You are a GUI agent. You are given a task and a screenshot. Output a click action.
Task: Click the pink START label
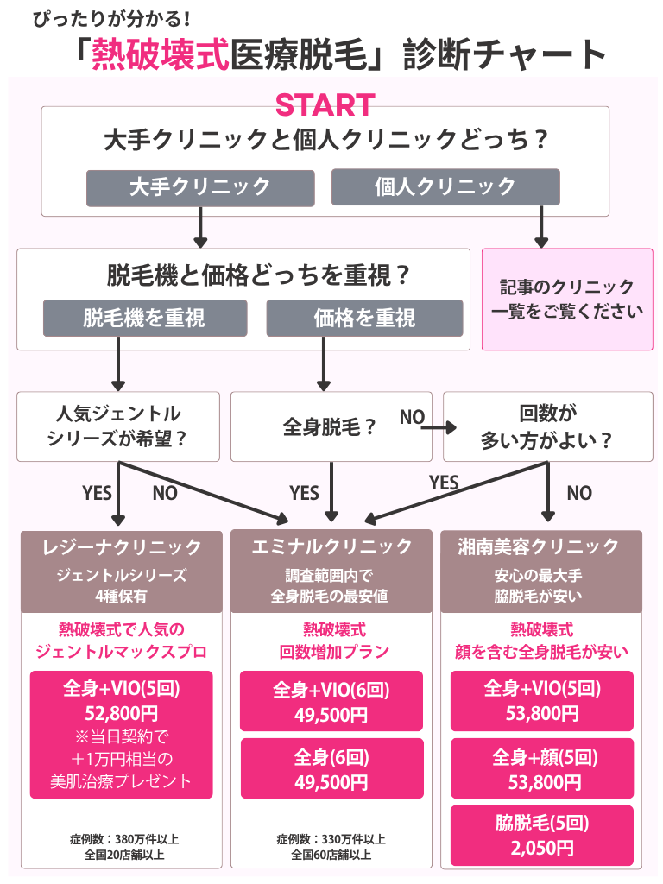coord(325,104)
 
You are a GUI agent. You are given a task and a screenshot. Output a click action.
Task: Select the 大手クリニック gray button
coord(199,186)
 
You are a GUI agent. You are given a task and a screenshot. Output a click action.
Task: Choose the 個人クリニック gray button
coord(445,186)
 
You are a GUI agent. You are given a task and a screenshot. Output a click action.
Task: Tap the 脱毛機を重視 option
coord(145,318)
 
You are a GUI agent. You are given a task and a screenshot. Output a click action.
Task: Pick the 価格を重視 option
coord(364,318)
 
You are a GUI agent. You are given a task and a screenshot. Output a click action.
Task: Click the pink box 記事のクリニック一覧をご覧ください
coord(566,299)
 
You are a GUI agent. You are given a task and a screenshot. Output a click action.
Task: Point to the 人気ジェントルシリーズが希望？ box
coord(118,426)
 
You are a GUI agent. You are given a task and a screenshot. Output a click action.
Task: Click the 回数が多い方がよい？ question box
coord(547,426)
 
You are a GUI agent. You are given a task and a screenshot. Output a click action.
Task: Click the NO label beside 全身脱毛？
coord(412,417)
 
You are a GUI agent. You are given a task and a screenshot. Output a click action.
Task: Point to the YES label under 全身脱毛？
coord(304,493)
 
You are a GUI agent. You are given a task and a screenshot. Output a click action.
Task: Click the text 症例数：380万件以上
coord(123,838)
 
